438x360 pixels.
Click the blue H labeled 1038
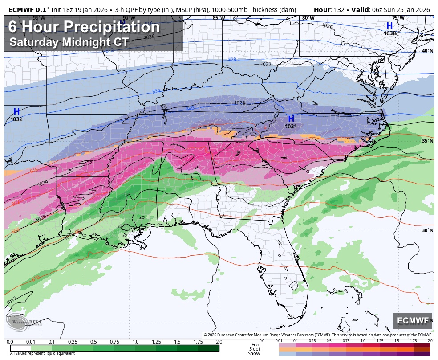tap(389, 26)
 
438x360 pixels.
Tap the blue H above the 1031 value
tap(291, 119)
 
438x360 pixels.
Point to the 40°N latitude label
tap(427, 51)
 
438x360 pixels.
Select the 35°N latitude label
tap(427, 141)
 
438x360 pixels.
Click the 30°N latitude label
tap(427, 230)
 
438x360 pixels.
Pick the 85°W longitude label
tap(218, 18)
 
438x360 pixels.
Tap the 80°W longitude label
tap(308, 18)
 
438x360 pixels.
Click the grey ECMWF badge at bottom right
tap(412, 321)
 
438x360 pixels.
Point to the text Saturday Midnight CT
tap(69, 42)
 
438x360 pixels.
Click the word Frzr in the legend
tap(255, 344)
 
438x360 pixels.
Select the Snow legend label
tap(254, 354)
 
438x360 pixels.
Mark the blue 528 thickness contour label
tap(232, 60)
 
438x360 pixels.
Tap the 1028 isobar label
tap(239, 103)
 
